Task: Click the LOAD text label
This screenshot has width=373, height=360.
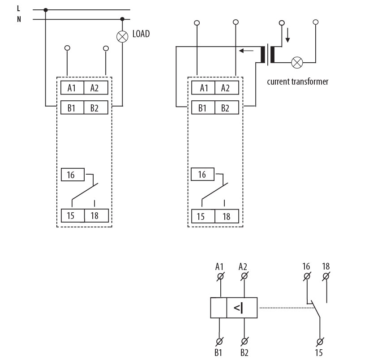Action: (x=141, y=34)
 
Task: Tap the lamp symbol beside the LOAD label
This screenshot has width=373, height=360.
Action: (x=122, y=36)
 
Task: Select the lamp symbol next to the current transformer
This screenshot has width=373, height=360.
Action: (x=296, y=62)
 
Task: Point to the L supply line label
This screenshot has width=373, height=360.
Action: (x=18, y=9)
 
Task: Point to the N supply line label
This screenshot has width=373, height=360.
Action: (x=18, y=19)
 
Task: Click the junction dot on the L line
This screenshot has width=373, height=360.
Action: (x=45, y=9)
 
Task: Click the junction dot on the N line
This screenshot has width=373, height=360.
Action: (x=122, y=19)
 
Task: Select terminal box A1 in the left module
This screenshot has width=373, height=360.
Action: (x=72, y=88)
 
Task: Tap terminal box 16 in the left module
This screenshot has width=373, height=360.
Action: (x=71, y=174)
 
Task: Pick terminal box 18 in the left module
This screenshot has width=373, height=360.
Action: (x=95, y=216)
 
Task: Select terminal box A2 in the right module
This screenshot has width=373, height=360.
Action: (x=226, y=88)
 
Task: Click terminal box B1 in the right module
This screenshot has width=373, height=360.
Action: (x=203, y=108)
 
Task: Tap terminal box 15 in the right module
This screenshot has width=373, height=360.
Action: (x=202, y=216)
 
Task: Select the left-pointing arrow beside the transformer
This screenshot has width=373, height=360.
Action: (x=245, y=51)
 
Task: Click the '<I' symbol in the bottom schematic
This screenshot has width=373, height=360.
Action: (x=238, y=308)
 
